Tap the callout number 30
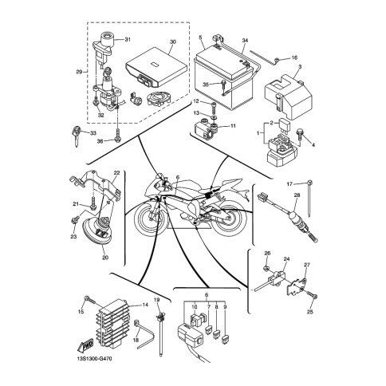[173, 42]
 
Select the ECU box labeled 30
[156, 67]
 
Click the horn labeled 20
[99, 234]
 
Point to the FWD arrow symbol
[85, 345]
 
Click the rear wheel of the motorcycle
[228, 219]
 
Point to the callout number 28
[297, 195]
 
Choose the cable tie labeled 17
[309, 198]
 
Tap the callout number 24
[286, 258]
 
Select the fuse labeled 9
[226, 338]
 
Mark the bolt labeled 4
[299, 136]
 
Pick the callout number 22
[116, 172]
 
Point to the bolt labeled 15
[90, 301]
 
